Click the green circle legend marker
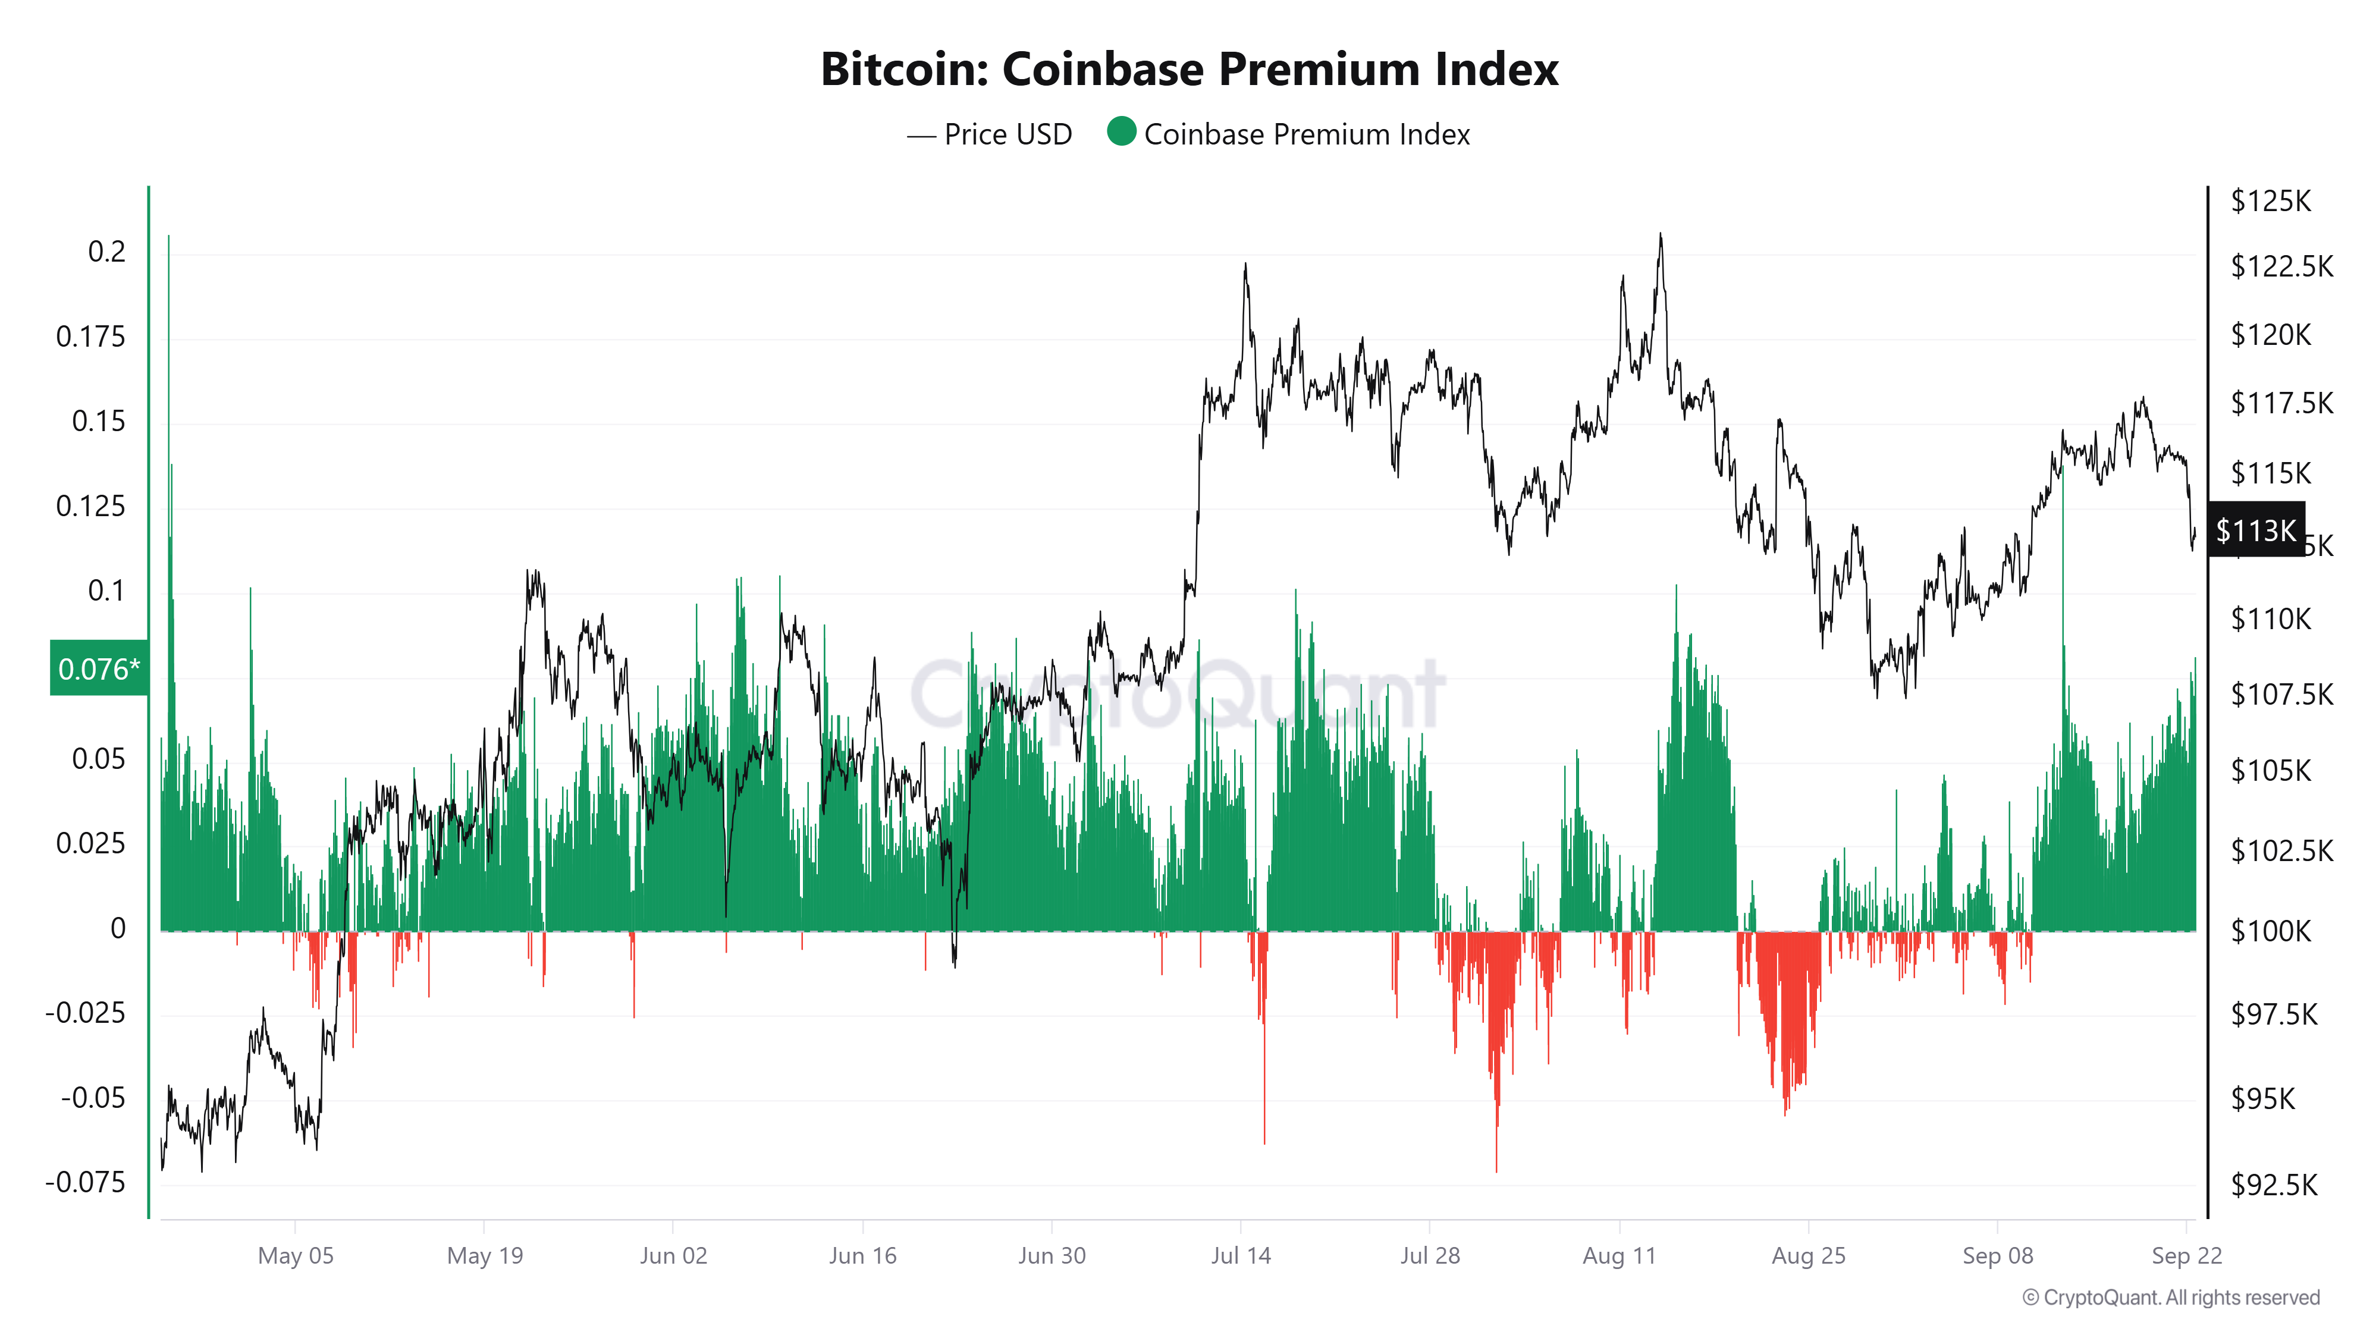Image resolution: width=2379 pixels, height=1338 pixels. (1121, 132)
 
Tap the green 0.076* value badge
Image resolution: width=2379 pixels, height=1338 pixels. (99, 668)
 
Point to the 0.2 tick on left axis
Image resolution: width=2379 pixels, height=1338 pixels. (106, 252)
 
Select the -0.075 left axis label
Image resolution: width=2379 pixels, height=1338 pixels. (85, 1182)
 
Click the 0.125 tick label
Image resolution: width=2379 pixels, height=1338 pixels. (90, 506)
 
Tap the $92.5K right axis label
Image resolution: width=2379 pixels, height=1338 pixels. (2274, 1184)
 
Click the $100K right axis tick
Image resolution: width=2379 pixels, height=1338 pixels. (2270, 930)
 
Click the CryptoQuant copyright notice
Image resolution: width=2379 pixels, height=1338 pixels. (2170, 1298)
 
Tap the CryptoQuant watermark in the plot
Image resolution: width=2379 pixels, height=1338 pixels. (1178, 693)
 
